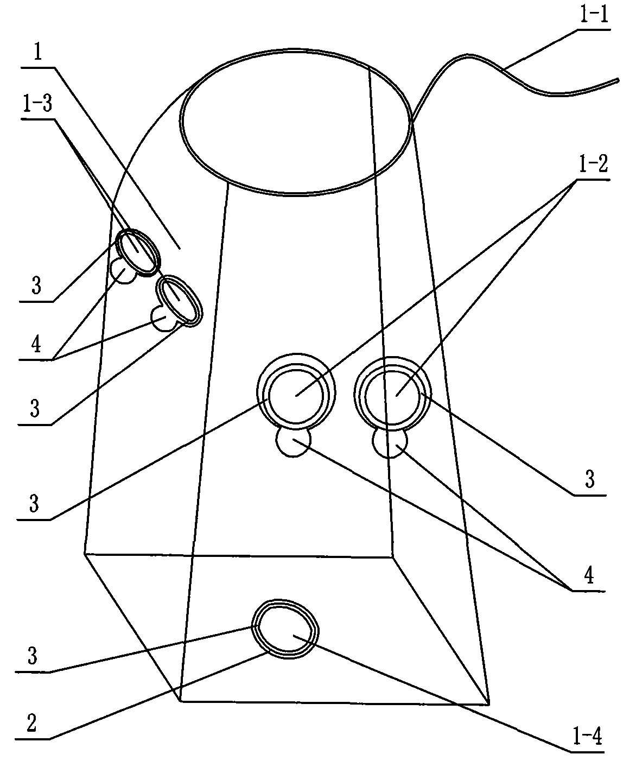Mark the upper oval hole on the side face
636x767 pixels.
click(138, 251)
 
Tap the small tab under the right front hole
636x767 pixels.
click(390, 443)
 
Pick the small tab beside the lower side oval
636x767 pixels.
click(162, 319)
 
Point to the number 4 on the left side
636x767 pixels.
click(36, 345)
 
